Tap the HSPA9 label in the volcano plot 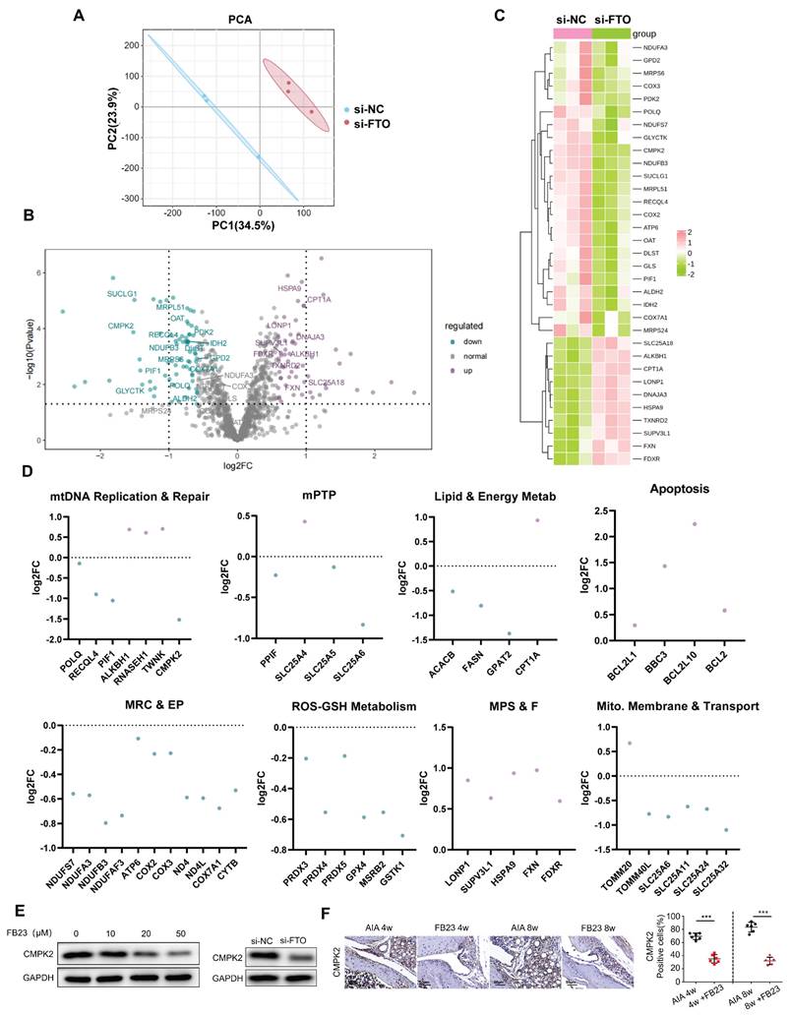coord(289,289)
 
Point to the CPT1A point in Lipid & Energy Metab coord(537,520)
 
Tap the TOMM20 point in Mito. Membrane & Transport coord(602,743)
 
